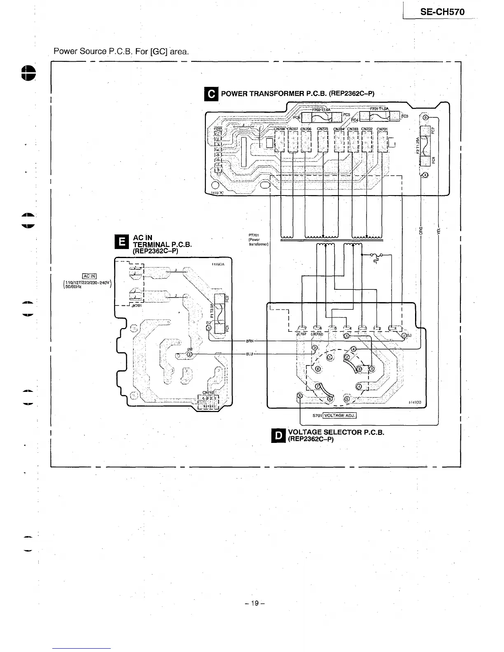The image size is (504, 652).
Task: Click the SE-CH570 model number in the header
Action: (442, 12)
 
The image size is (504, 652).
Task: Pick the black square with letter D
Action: (279, 435)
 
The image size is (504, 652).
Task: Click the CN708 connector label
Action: (280, 129)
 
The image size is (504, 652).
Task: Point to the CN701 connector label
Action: (382, 129)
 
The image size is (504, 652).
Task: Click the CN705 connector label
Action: (322, 129)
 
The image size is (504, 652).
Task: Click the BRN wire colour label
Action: (250, 341)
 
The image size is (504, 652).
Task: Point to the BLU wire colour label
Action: (250, 354)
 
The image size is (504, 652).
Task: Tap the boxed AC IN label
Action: (89, 276)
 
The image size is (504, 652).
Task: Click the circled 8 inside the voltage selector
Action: (318, 369)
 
